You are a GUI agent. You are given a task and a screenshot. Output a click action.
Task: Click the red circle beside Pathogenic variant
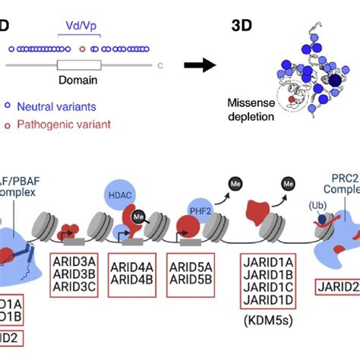[8, 123]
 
